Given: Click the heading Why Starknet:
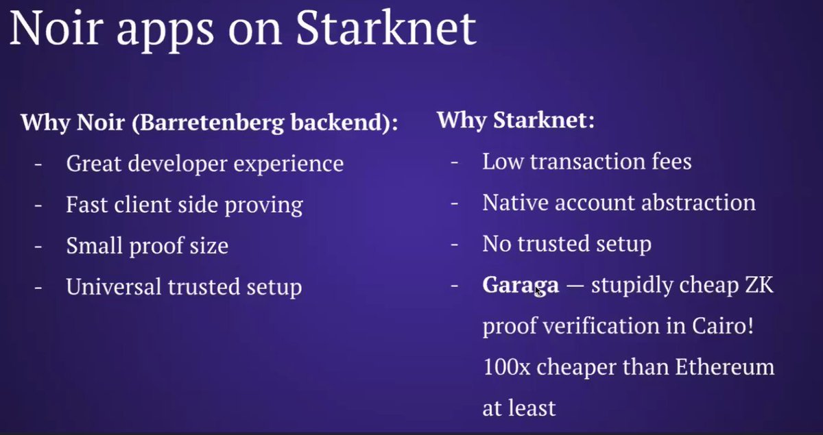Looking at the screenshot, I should point(515,121).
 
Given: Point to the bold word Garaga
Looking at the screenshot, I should point(521,285).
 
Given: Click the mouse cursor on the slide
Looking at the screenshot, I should point(538,290).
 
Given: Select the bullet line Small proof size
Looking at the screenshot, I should point(147,246).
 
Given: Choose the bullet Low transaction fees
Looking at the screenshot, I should point(586,162).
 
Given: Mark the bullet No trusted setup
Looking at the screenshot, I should point(566,244).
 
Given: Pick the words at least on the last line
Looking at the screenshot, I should point(518,408).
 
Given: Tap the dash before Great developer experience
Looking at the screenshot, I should point(38,164).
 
